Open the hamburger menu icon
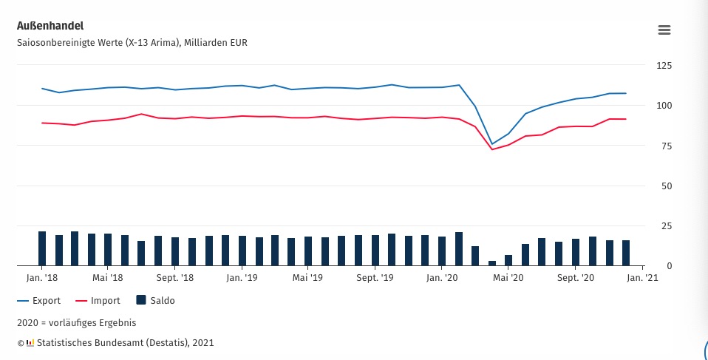click(664, 30)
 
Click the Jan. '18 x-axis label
click(42, 278)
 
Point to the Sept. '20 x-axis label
click(576, 278)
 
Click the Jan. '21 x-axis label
click(642, 278)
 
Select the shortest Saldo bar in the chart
click(492, 262)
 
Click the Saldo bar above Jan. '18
click(42, 248)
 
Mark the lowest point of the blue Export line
click(492, 144)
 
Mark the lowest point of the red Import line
click(492, 149)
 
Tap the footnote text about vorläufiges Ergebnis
click(76, 322)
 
